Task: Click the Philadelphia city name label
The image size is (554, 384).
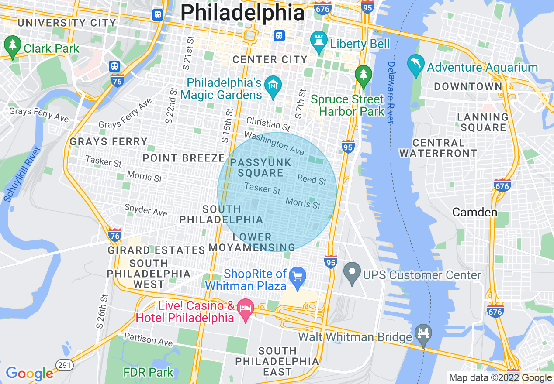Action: pos(242,13)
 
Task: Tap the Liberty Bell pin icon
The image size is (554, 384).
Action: pos(319,41)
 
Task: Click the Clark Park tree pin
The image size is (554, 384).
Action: pos(12,45)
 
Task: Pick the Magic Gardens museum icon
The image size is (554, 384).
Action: pos(274,85)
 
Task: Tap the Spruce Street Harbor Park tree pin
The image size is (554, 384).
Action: pos(363,75)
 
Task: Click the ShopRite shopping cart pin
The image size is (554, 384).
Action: pos(298,277)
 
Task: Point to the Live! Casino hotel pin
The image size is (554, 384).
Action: pos(246,309)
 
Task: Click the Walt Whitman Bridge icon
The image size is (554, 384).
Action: pos(423,334)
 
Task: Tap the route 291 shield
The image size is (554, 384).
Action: pos(64,365)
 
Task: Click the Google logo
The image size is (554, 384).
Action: pos(29,374)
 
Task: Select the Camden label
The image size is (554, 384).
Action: pos(474,213)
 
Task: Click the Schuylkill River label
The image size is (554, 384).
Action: pos(22,175)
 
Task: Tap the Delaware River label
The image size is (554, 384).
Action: pos(391,92)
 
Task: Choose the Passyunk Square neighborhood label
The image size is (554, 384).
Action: pos(260,168)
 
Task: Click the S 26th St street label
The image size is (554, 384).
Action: pos(102,311)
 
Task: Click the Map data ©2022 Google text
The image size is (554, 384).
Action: pos(501,378)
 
